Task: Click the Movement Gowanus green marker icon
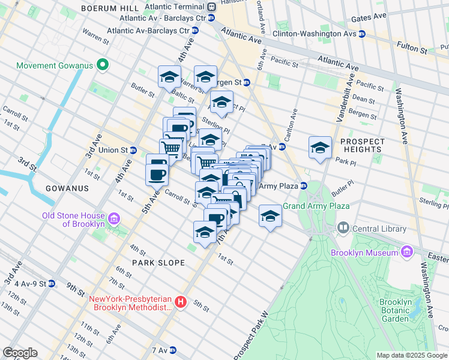(103, 65)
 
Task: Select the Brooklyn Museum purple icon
(408, 252)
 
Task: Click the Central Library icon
(343, 227)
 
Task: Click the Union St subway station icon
(133, 150)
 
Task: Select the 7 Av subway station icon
(173, 350)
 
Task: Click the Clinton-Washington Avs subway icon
(362, 34)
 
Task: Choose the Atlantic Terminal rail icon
(211, 7)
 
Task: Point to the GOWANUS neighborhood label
(67, 188)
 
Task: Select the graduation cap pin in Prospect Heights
(320, 148)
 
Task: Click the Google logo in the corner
(20, 353)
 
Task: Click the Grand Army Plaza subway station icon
(304, 186)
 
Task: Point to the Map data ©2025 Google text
(411, 355)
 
